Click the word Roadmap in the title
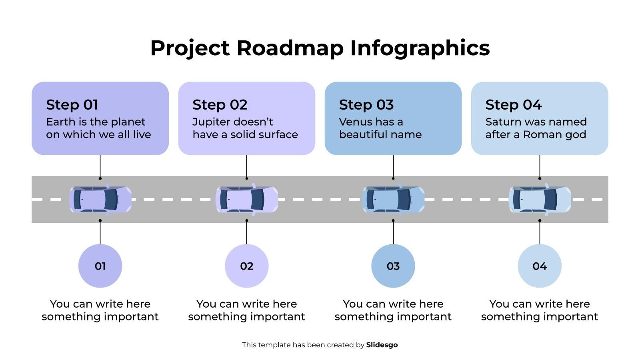click(290, 48)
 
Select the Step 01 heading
click(72, 105)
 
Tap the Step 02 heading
click(220, 105)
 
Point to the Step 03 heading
click(366, 105)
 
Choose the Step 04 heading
click(513, 105)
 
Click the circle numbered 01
click(100, 266)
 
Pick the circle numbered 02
click(246, 266)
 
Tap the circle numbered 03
click(393, 266)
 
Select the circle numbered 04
click(540, 266)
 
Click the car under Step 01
click(100, 199)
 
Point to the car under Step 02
click(246, 199)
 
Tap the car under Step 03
click(393, 199)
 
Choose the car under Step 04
click(540, 199)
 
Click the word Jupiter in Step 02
click(209, 122)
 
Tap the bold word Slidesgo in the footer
click(382, 345)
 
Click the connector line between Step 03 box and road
click(393, 166)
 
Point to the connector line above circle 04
click(540, 233)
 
